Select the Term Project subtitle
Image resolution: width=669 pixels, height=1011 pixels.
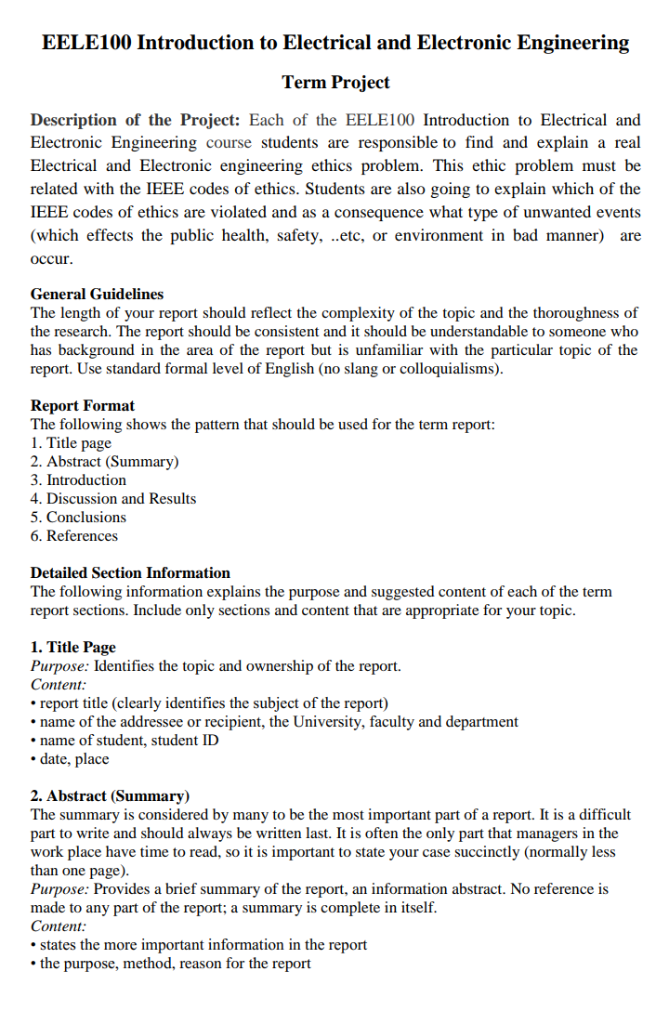click(335, 83)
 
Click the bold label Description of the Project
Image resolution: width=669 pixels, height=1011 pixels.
click(136, 120)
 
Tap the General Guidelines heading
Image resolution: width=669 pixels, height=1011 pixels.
click(97, 294)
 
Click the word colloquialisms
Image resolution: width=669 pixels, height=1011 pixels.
click(445, 368)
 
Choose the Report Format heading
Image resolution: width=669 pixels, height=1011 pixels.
click(83, 405)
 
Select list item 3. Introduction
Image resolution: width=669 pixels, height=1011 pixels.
click(78, 479)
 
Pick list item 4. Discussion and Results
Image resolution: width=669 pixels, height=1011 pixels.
click(113, 498)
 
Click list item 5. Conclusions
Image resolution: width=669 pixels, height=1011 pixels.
click(78, 517)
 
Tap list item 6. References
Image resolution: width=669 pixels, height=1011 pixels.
click(74, 535)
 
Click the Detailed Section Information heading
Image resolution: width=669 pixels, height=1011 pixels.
click(130, 572)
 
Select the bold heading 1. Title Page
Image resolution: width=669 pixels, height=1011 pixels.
click(73, 647)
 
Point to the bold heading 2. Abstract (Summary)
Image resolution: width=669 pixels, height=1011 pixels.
click(110, 795)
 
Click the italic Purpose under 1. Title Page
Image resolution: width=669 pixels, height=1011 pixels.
click(60, 665)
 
